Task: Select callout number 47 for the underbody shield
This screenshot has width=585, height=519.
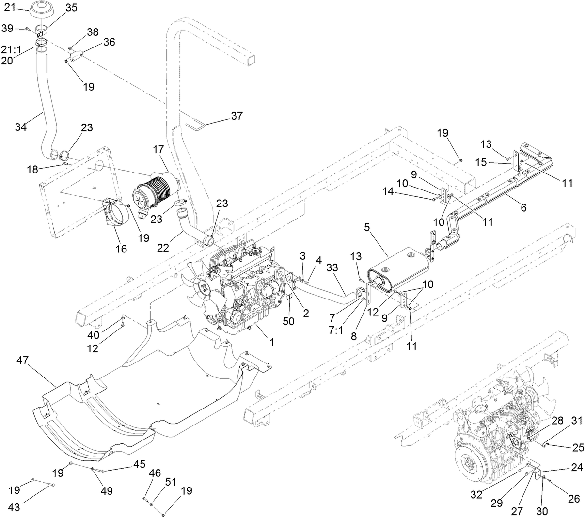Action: (x=22, y=360)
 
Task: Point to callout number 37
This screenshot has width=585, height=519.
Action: (x=237, y=116)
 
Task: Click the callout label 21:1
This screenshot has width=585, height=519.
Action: (x=10, y=49)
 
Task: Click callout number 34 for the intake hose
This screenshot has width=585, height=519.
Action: (x=21, y=127)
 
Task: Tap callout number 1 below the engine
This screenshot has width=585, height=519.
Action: (x=272, y=342)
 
